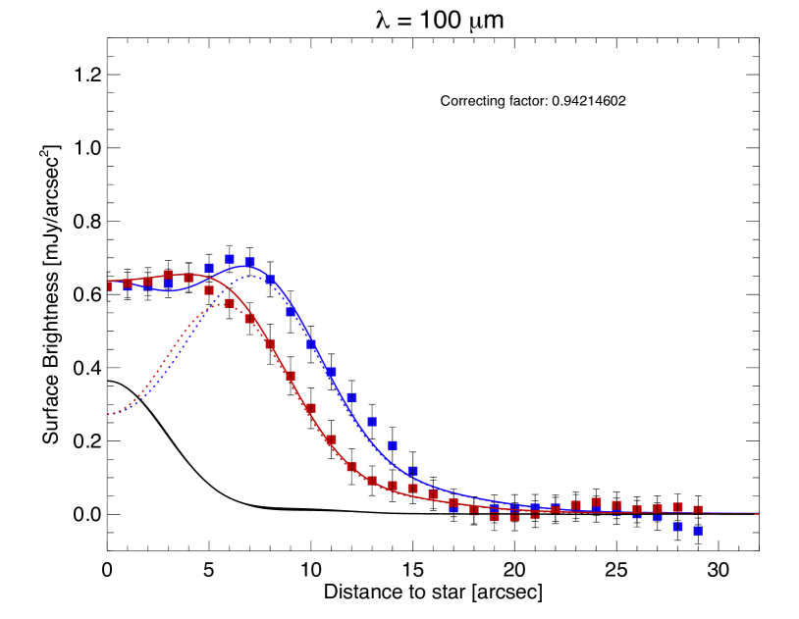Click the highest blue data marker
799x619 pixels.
[230, 260]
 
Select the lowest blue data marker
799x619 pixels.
[698, 531]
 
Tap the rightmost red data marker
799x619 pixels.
[698, 510]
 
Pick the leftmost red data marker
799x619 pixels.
[110, 286]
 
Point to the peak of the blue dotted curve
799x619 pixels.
[251, 277]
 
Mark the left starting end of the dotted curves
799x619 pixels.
[109, 415]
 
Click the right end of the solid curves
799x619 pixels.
[757, 513]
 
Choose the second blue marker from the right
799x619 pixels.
[677, 527]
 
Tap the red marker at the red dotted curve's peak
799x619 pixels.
[230, 303]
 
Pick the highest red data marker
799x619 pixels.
[168, 275]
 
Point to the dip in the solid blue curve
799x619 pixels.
[169, 290]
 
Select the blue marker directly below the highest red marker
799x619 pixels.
[168, 284]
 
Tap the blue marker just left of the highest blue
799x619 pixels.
[209, 268]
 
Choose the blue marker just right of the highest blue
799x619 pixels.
[249, 262]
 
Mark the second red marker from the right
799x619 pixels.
[677, 507]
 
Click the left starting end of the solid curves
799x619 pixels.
[109, 282]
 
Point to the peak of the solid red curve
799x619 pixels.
[188, 275]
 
